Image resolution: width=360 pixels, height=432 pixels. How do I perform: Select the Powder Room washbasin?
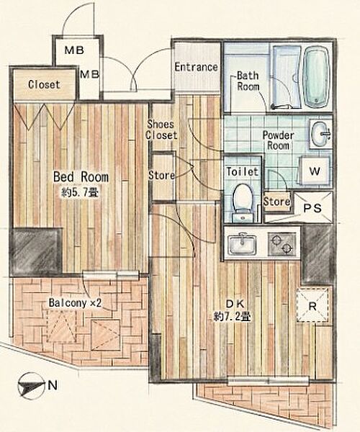[x=320, y=135]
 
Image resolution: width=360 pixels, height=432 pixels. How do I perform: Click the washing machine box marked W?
[x=315, y=171]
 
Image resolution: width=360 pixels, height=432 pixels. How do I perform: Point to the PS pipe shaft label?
[x=312, y=208]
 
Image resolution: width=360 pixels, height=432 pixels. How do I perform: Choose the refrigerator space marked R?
[x=312, y=305]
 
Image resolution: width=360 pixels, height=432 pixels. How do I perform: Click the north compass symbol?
[x=31, y=386]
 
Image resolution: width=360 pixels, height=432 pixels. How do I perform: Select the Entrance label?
[x=196, y=67]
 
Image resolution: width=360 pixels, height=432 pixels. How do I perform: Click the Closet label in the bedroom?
[x=44, y=84]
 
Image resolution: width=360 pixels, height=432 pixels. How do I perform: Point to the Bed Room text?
[x=81, y=177]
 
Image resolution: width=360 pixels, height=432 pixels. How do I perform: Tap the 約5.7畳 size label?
[x=80, y=192]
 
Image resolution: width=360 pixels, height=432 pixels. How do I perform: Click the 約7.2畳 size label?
[x=232, y=317]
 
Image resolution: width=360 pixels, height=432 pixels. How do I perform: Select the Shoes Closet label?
[x=161, y=130]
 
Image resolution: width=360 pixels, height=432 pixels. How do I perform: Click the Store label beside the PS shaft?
[x=276, y=202]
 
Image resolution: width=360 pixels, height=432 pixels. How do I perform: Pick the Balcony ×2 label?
[x=75, y=303]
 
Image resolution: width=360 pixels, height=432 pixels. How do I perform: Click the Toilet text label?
[x=243, y=172]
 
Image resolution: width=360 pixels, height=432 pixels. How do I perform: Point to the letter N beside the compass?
[x=53, y=385]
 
